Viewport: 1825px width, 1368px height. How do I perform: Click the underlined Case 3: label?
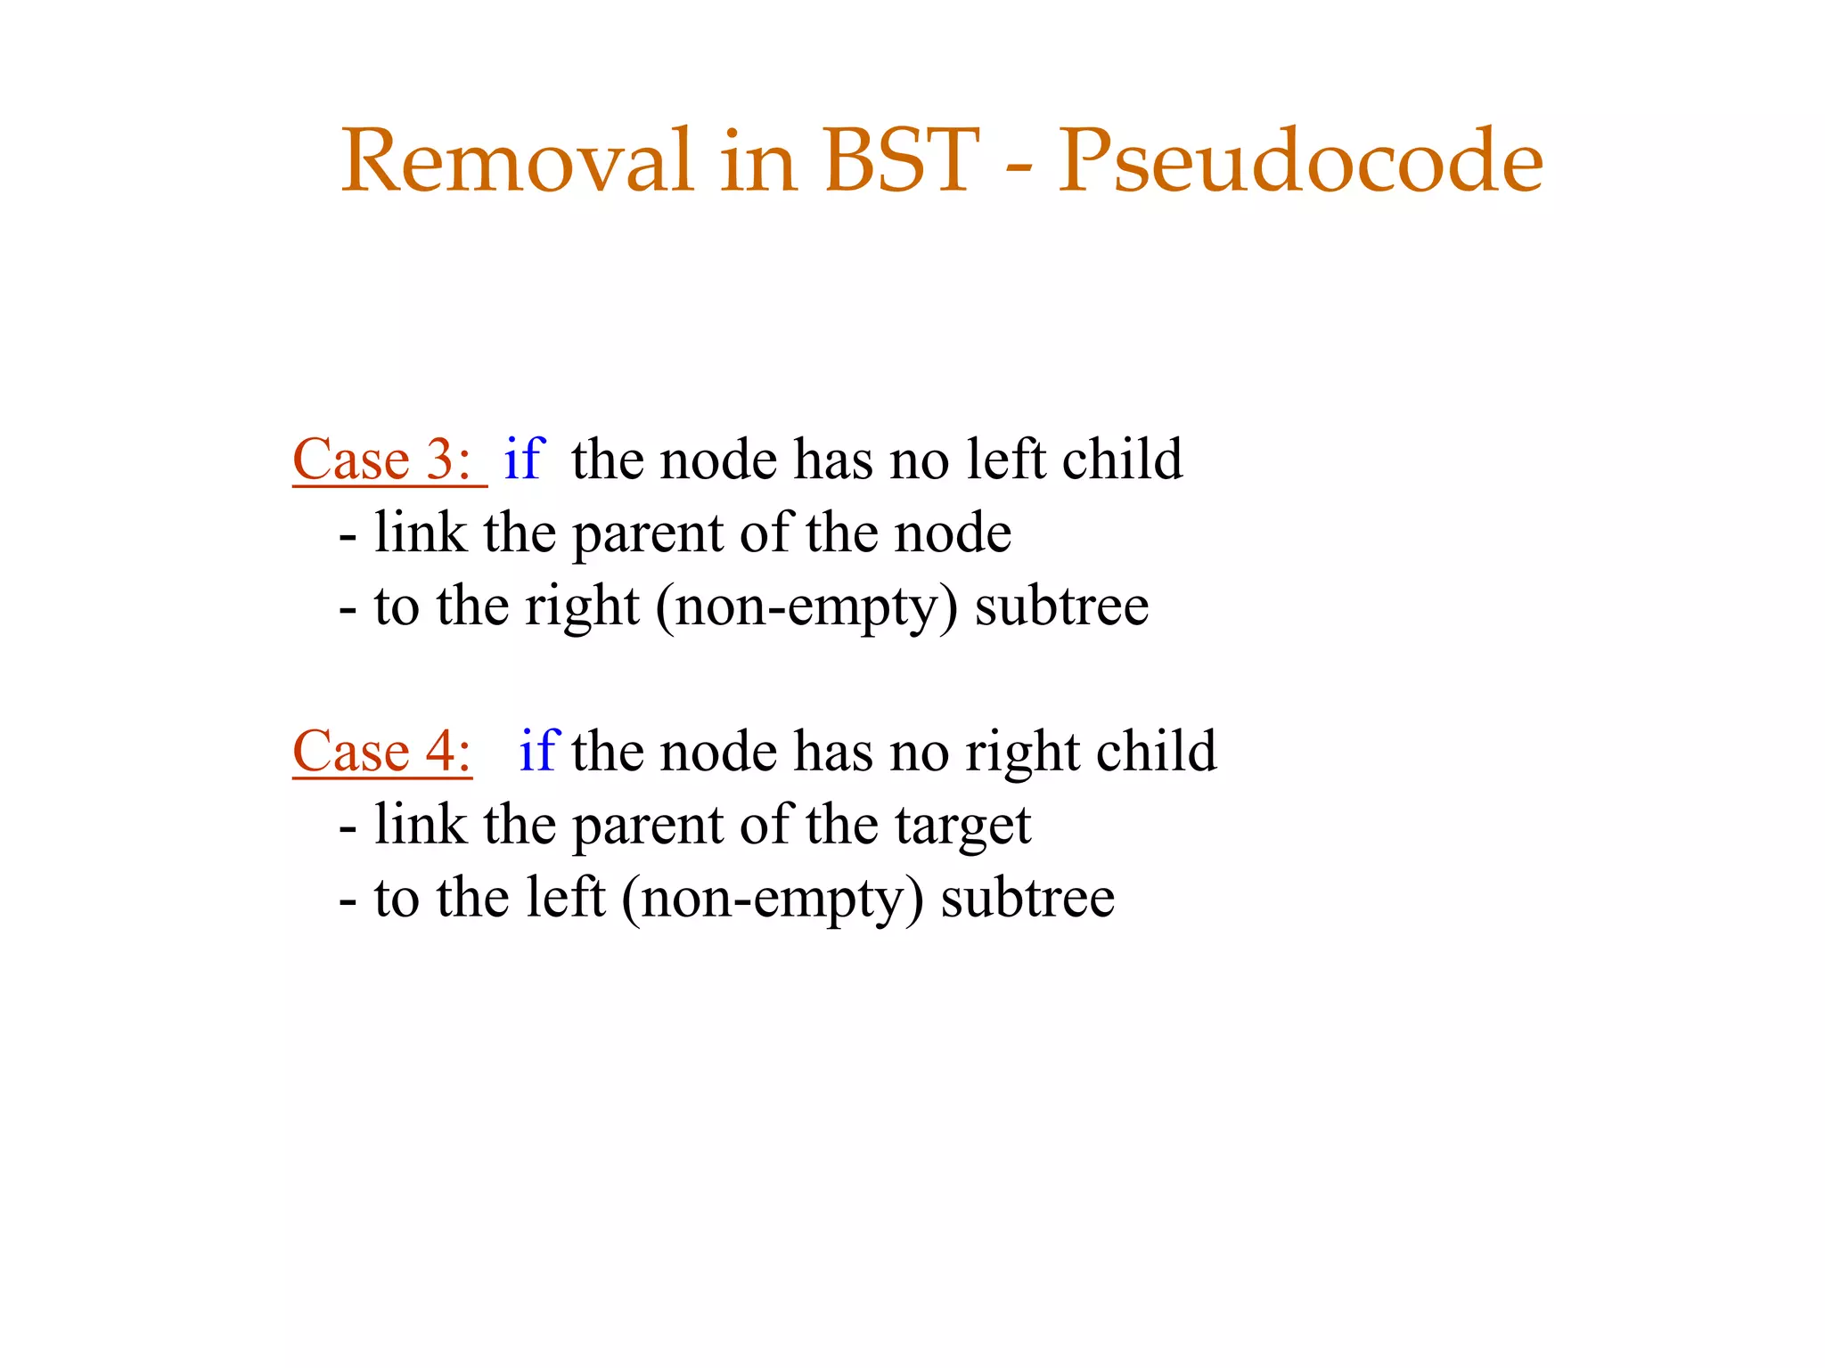point(383,460)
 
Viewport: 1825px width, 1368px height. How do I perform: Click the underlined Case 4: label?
point(382,752)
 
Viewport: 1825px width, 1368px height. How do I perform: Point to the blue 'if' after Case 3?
point(524,460)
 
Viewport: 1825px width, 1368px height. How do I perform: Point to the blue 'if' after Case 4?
point(539,751)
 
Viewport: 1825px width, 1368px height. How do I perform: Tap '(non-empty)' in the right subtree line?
point(806,607)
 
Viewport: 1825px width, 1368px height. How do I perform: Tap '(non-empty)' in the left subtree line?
point(773,899)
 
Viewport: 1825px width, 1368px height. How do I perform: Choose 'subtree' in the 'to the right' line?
point(1061,607)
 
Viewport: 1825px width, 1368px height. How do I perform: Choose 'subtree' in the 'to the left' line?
point(1027,899)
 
